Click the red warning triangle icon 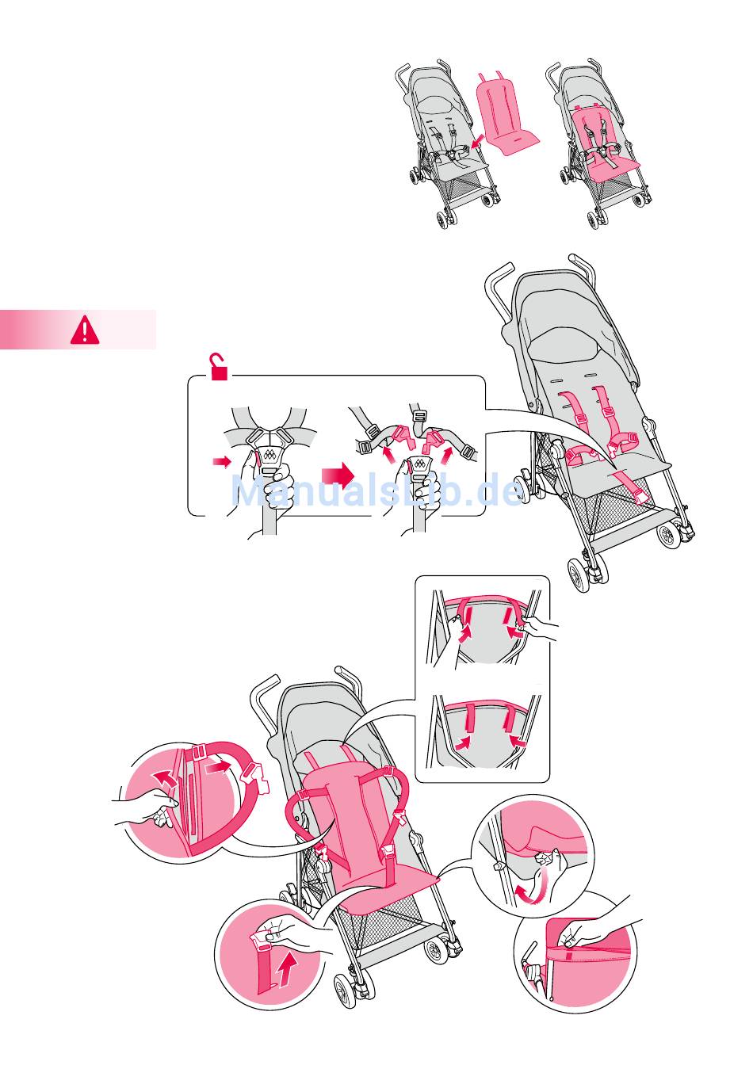(x=85, y=330)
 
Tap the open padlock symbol (x=219, y=367)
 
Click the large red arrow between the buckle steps (x=338, y=475)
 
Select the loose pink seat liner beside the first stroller (x=506, y=114)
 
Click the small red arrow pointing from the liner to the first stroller (x=478, y=141)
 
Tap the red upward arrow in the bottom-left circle (x=286, y=969)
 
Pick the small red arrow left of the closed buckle (x=222, y=460)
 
